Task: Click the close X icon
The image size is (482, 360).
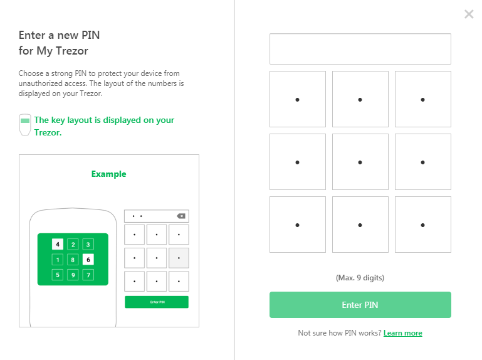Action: click(469, 14)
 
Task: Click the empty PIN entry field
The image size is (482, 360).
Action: click(360, 49)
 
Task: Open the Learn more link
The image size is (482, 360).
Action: click(402, 333)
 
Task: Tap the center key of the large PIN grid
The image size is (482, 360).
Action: click(360, 162)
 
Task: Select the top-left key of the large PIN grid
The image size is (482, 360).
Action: click(298, 99)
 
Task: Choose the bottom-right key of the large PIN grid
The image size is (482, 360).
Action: click(423, 225)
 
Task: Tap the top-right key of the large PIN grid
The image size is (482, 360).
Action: click(423, 99)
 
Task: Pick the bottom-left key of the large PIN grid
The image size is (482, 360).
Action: click(298, 225)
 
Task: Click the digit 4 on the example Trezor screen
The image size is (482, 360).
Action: click(58, 245)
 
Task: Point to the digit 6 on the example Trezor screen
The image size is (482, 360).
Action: click(88, 260)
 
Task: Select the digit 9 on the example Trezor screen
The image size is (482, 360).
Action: click(73, 275)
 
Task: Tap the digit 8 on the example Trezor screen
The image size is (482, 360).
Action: click(73, 260)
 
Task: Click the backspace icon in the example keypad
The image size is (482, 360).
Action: click(181, 216)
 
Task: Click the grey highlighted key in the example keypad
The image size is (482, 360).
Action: click(179, 258)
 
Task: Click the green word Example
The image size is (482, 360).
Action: click(109, 174)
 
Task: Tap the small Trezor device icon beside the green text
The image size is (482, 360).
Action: click(25, 125)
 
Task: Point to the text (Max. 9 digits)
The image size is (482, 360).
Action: click(360, 278)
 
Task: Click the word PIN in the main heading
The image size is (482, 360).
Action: click(90, 35)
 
